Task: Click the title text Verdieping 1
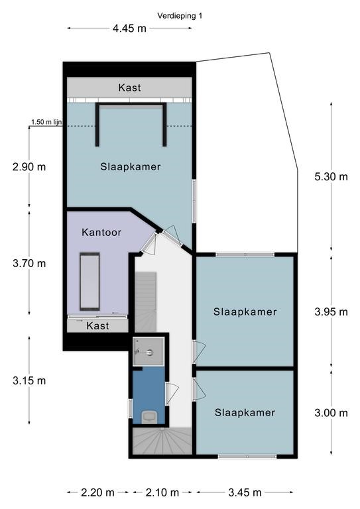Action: (180, 16)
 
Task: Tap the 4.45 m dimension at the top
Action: (129, 28)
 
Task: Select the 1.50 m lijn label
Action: (46, 122)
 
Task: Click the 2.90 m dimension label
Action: (29, 167)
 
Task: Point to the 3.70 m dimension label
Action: (29, 263)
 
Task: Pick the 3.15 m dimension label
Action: (29, 380)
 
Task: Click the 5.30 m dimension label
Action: (331, 176)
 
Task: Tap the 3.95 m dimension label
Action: (331, 312)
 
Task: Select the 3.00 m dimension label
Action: (331, 413)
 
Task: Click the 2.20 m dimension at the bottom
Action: (97, 493)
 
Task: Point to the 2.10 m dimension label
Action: (162, 493)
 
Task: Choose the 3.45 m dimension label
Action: (245, 493)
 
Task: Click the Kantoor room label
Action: (101, 233)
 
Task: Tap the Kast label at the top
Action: (129, 87)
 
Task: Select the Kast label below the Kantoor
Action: (97, 326)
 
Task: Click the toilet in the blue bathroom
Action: (150, 416)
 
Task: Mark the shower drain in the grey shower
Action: (149, 351)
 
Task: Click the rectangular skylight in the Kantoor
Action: (90, 282)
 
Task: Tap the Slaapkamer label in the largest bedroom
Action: (131, 167)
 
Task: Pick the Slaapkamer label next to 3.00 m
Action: (245, 413)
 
